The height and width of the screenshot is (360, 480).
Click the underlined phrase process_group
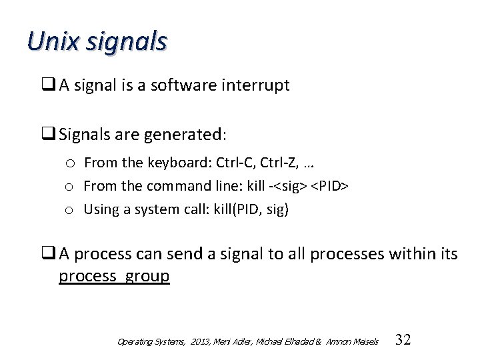114,276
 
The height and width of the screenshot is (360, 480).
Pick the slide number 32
403,340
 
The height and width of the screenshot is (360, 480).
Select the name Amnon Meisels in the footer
353,342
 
